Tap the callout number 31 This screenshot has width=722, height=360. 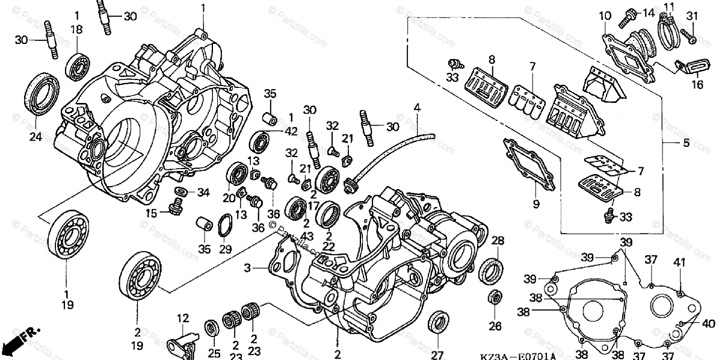click(x=691, y=16)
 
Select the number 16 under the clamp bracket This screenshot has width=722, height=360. click(x=697, y=85)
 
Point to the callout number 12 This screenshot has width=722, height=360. click(x=182, y=317)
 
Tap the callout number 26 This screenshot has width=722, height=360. click(x=495, y=327)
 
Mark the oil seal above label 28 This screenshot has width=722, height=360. click(x=492, y=270)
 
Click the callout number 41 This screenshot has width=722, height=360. click(x=680, y=262)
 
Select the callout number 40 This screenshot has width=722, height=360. click(x=707, y=322)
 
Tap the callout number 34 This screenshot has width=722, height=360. click(x=203, y=193)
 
